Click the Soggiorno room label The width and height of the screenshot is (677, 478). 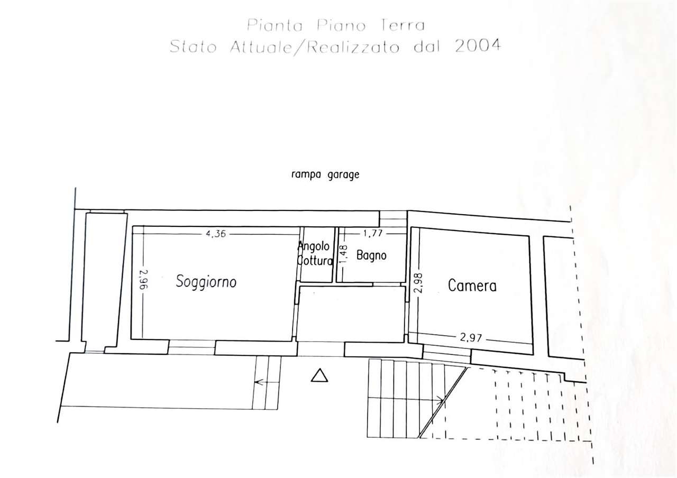[206, 282]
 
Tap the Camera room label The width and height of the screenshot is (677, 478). [472, 286]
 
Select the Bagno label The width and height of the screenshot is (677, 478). [371, 255]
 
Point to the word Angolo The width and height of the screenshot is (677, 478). [314, 246]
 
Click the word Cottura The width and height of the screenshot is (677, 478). [315, 261]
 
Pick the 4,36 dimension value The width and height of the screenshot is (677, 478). [216, 234]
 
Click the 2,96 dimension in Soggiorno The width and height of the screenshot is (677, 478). [144, 280]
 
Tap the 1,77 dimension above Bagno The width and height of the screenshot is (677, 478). [373, 233]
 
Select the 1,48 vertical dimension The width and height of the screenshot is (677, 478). [344, 253]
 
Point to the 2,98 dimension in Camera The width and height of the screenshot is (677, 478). [418, 283]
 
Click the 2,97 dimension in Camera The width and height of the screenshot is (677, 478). [471, 337]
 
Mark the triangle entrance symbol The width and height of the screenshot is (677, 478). [319, 376]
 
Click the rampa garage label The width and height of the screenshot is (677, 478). [325, 175]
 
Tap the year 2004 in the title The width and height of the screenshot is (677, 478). [478, 46]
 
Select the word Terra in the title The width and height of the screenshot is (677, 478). [402, 25]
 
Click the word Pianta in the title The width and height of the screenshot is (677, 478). [275, 25]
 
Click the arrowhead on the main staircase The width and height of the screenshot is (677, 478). [441, 401]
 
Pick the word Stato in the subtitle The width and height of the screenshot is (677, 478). [193, 47]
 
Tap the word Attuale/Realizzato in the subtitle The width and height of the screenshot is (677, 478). [315, 48]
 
